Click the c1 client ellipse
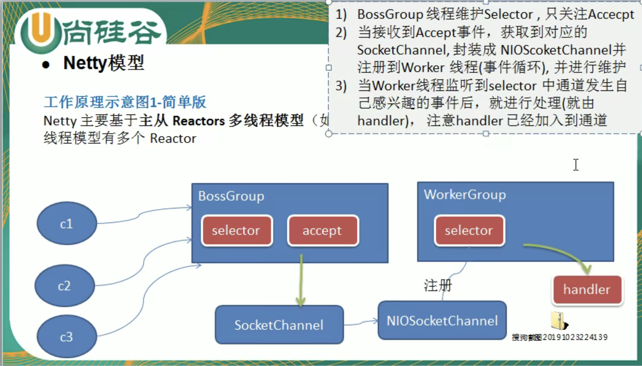[x=67, y=223]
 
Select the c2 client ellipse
[x=65, y=286]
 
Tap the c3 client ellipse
[x=67, y=336]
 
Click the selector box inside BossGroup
[x=237, y=230]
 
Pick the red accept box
[x=323, y=230]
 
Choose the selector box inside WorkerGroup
[x=469, y=230]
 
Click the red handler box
[x=587, y=289]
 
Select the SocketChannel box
[x=279, y=325]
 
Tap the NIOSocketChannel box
[x=442, y=321]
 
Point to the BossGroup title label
[x=231, y=196]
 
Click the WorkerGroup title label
[x=465, y=195]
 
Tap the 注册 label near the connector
[x=437, y=286]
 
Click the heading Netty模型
[x=104, y=63]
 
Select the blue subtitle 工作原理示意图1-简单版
[x=125, y=102]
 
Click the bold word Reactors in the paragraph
[x=198, y=121]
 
